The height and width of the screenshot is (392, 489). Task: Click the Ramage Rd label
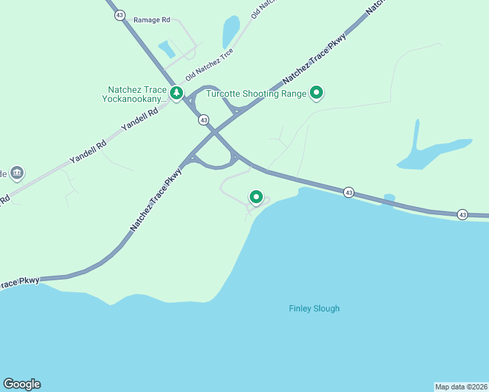point(152,20)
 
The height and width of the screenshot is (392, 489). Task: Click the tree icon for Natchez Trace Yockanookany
point(176,93)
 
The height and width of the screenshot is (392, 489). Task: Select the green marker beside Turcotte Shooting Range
point(317,93)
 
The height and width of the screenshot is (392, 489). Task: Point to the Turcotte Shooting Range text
point(256,94)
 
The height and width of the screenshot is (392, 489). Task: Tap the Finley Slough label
point(314,308)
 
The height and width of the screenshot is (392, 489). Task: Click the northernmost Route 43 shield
point(119,15)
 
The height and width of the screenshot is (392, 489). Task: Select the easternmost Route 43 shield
point(462,214)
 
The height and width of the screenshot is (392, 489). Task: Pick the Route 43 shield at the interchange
point(204,120)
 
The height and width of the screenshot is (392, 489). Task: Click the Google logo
point(22,384)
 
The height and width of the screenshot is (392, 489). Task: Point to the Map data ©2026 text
point(461,386)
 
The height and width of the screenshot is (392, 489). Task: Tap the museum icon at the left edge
point(17,173)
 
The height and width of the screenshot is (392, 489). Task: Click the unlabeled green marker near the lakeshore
point(256,197)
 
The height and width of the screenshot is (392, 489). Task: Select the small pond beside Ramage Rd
point(167,49)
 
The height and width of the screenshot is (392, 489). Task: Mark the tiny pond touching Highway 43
point(389,197)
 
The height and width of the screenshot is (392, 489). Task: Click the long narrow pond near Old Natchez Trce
point(231,31)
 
